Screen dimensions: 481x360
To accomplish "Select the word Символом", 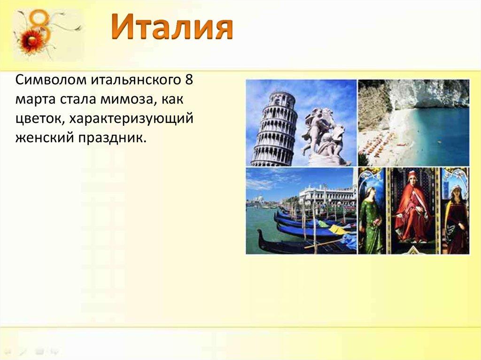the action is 51,80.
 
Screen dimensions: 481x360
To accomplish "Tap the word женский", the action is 44,138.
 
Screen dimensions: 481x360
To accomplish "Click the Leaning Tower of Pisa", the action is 274,129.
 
